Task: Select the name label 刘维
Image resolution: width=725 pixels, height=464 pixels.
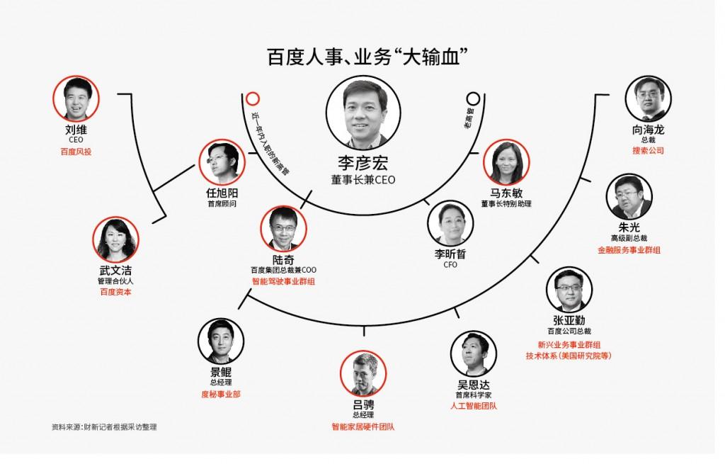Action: click(76, 130)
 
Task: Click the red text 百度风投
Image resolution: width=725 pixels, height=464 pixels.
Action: click(76, 151)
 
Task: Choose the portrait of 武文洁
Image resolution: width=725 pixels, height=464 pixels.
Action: click(116, 240)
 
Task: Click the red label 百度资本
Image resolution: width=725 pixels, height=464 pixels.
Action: click(115, 291)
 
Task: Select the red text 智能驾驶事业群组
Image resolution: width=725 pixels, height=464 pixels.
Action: click(283, 281)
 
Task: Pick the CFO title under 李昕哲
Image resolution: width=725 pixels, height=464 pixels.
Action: click(450, 265)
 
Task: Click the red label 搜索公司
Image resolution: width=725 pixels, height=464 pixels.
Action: click(648, 151)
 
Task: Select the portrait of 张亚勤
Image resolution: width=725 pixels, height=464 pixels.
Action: click(569, 291)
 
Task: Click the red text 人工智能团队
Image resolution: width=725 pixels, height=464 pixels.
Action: click(474, 406)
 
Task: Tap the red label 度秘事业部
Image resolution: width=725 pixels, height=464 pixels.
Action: click(221, 393)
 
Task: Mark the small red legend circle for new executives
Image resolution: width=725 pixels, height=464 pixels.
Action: click(252, 98)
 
